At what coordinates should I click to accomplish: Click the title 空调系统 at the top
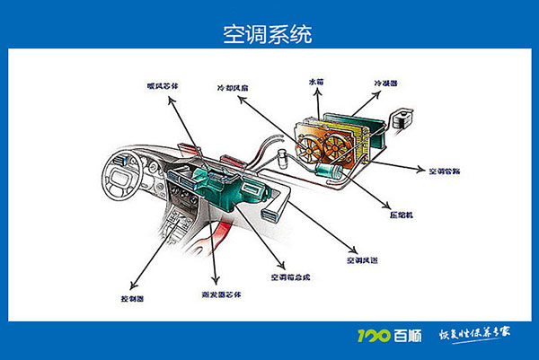(269, 34)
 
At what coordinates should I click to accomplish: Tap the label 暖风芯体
(163, 86)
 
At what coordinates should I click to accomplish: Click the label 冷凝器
(384, 84)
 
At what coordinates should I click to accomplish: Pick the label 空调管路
(444, 170)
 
